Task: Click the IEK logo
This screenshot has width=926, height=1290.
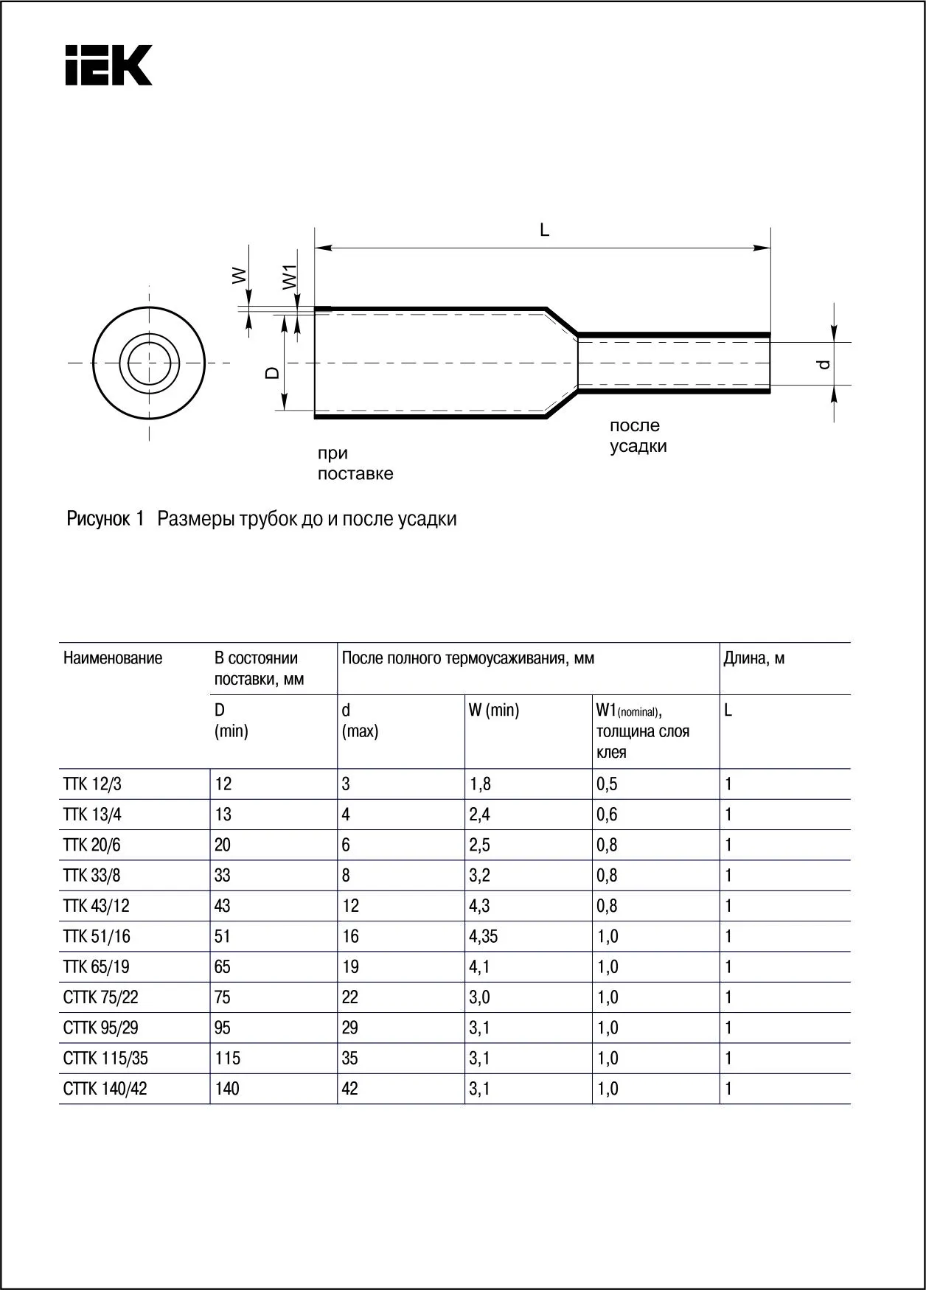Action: click(x=108, y=66)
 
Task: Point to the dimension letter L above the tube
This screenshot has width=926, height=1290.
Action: click(x=544, y=230)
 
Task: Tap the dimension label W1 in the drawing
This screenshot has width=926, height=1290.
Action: click(x=289, y=276)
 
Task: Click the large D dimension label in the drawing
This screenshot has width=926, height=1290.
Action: click(x=272, y=373)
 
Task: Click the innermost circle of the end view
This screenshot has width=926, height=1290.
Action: click(x=149, y=363)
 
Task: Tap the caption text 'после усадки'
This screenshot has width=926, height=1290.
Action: click(x=638, y=436)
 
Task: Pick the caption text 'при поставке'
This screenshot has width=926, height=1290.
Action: click(x=355, y=464)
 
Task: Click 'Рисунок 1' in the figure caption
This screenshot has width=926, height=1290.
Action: click(x=105, y=519)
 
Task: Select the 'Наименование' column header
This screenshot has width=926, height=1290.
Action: click(x=113, y=658)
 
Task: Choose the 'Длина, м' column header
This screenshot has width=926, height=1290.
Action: click(x=754, y=658)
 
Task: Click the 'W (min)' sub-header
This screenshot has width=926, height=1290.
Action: click(x=494, y=711)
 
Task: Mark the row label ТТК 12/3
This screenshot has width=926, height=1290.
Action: click(x=92, y=784)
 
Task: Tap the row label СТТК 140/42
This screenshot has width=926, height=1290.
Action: click(x=105, y=1089)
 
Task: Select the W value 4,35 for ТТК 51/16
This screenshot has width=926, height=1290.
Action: click(x=484, y=937)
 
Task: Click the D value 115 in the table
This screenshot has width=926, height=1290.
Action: click(x=227, y=1059)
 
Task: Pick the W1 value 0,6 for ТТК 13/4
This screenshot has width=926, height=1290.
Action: click(x=607, y=815)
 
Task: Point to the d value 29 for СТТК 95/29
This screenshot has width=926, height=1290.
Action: click(x=350, y=1028)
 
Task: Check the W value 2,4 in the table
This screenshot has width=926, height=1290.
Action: click(x=480, y=815)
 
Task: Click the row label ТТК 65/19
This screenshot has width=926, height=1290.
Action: click(x=97, y=967)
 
